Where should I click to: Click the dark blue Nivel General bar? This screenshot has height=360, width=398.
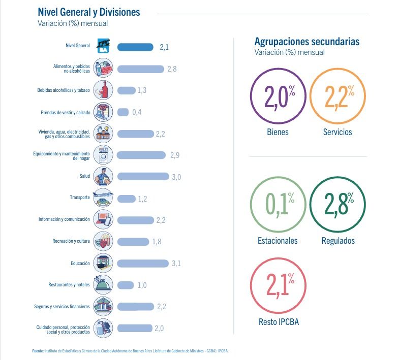pyautogui.click(x=135, y=47)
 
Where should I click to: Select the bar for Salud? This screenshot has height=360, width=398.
pyautogui.click(x=143, y=177)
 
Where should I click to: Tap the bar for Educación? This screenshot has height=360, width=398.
pyautogui.click(x=143, y=264)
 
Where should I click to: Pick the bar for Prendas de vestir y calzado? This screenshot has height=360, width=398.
pyautogui.click(x=123, y=112)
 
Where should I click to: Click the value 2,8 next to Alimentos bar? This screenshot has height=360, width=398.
pyautogui.click(x=172, y=69)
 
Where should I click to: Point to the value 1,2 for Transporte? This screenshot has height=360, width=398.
pyautogui.click(x=142, y=199)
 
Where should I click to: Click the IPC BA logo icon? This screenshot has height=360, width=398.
pyautogui.click(x=103, y=46)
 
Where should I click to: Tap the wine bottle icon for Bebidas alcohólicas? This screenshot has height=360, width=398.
pyautogui.click(x=103, y=90)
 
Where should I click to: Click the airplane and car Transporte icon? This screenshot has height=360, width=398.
pyautogui.click(x=103, y=198)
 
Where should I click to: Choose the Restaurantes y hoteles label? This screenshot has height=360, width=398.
pyautogui.click(x=69, y=285)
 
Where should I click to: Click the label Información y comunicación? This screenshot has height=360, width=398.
pyautogui.click(x=64, y=219)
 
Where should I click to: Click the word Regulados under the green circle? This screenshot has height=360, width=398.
pyautogui.click(x=338, y=241)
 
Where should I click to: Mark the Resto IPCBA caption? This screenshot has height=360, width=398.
pyautogui.click(x=279, y=322)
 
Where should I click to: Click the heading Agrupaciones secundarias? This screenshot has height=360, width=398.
pyautogui.click(x=307, y=42)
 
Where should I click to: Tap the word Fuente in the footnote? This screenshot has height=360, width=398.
pyautogui.click(x=38, y=351)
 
